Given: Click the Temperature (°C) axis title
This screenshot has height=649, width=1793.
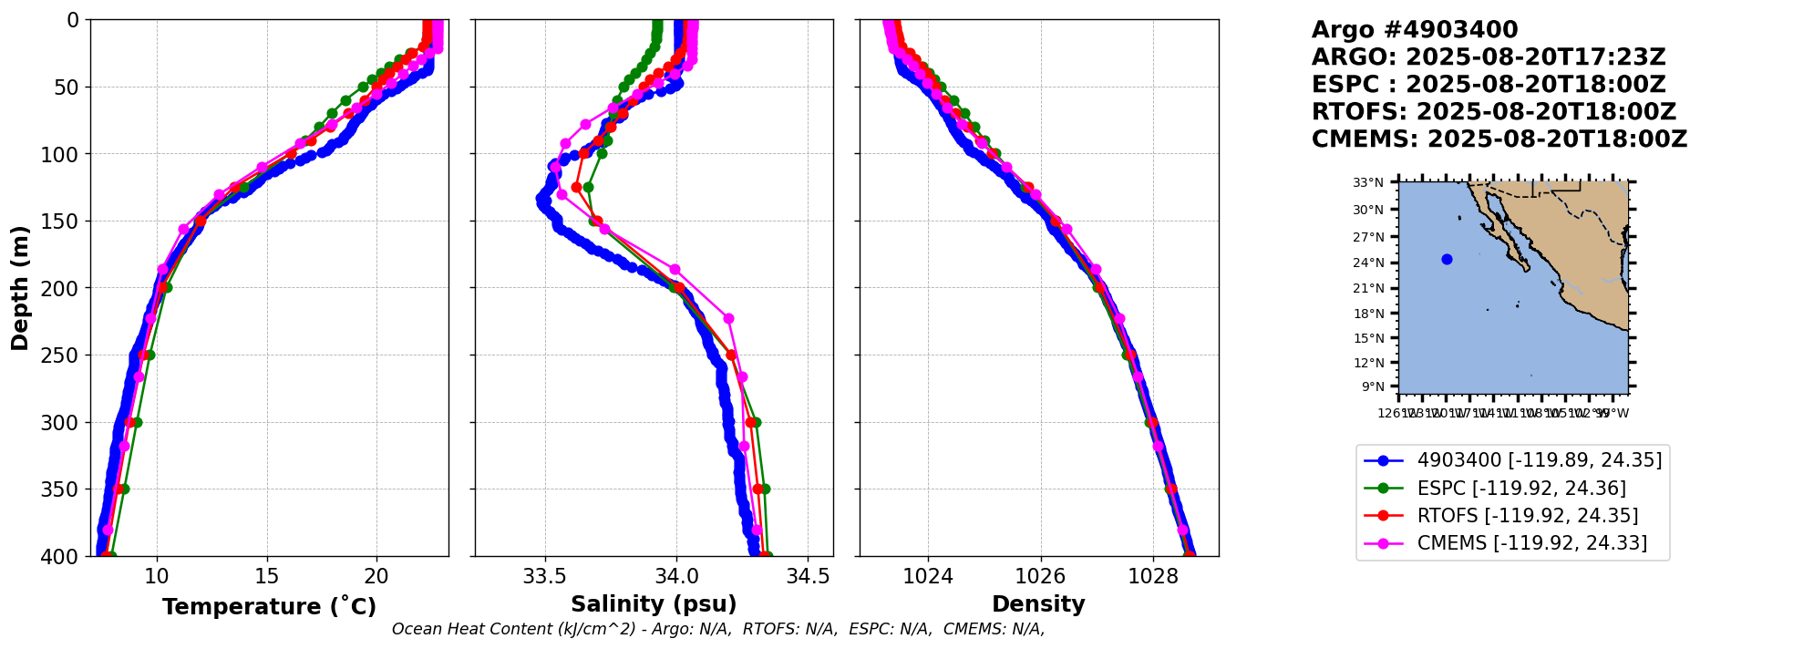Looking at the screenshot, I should click(269, 607).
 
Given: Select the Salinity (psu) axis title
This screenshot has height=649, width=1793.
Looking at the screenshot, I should click(654, 604).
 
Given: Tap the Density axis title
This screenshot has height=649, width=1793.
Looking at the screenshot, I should click(1038, 604).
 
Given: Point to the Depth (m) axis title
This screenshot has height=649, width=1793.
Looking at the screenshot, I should click(20, 288).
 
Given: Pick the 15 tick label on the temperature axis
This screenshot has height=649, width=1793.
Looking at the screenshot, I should click(266, 576).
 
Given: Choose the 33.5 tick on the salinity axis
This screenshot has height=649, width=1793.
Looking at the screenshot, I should click(545, 576).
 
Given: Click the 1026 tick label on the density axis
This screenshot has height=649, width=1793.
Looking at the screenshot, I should click(1040, 576).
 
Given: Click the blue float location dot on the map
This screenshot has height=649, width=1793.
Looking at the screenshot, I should click(1447, 259).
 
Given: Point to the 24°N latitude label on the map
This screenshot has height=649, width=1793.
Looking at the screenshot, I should click(1367, 263).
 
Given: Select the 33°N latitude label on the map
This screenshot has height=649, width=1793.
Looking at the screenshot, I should click(1367, 183).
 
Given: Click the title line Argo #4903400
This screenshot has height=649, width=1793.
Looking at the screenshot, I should click(1414, 30).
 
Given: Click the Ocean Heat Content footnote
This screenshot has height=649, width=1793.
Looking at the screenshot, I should click(717, 629).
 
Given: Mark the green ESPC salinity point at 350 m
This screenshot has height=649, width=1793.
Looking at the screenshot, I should click(765, 489).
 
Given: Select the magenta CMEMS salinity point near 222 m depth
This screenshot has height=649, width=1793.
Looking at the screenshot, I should click(728, 318).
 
